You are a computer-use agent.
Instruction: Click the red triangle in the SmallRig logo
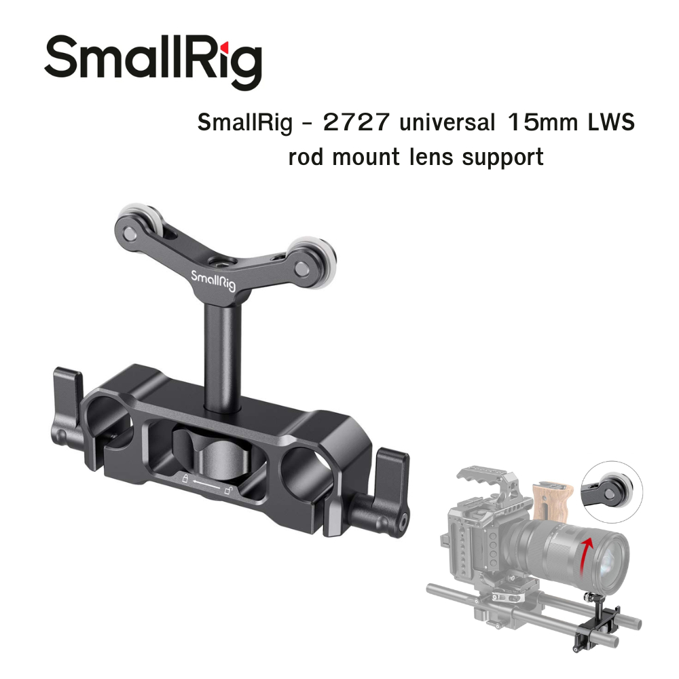click(225, 45)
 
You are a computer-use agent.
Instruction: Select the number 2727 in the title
click(356, 122)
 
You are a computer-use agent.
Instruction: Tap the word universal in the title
click(447, 122)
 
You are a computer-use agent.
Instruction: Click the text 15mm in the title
click(543, 122)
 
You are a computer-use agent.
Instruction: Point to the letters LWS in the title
click(611, 122)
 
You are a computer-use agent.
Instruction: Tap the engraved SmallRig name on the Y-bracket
click(213, 280)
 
